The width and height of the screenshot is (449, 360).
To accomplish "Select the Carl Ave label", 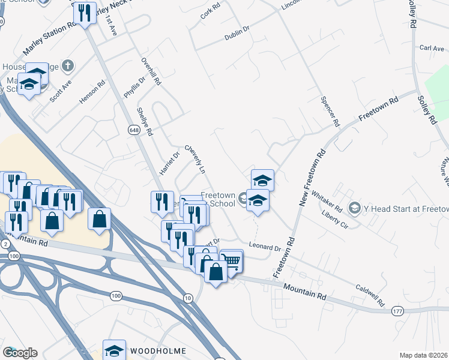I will tap(432, 48).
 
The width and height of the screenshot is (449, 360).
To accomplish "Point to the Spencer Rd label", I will tap(331, 112).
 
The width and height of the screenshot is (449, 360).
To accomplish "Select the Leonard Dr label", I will tap(265, 247).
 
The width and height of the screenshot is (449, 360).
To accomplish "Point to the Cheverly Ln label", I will tap(195, 159).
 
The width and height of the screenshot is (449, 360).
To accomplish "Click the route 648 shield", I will tap(133, 129).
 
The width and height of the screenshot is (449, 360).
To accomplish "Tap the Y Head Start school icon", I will tap(354, 208).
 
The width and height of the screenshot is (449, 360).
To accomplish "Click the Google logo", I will tap(20, 353).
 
